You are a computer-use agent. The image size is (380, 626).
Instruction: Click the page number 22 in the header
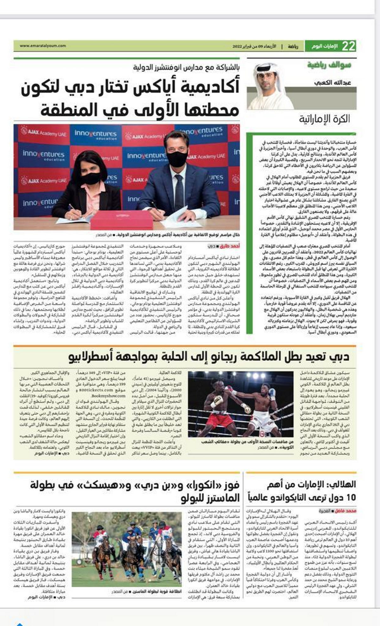348,46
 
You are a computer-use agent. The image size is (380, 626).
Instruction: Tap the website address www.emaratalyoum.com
43,46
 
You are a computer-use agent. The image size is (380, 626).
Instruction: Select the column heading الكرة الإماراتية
325,119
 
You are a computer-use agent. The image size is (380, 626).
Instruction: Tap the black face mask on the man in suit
177,159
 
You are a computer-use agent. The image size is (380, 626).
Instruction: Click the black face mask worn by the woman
91,178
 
